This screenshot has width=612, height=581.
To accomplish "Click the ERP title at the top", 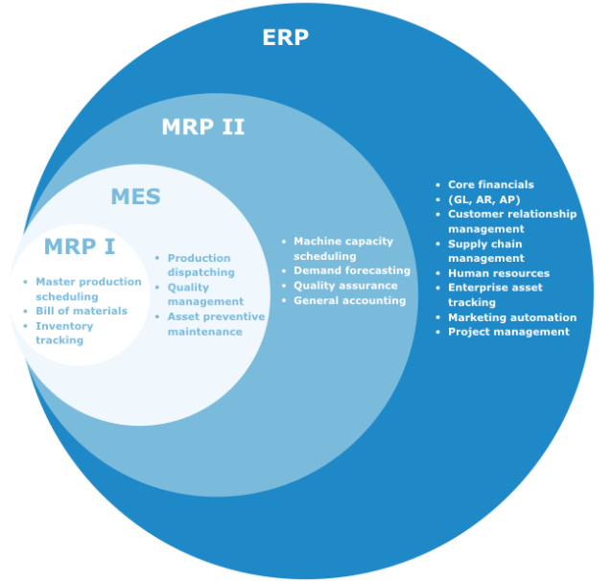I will click(285, 38).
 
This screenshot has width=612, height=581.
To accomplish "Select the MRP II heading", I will click(202, 127).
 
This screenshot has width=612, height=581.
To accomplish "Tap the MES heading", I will click(135, 198).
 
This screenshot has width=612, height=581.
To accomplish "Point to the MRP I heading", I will click(79, 247).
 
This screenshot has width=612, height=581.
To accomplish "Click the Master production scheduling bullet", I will click(87, 290).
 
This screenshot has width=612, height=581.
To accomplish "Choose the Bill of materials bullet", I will click(81, 311).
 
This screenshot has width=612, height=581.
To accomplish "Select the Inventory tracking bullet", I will click(64, 333).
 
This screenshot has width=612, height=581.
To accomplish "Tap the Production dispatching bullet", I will click(199, 265).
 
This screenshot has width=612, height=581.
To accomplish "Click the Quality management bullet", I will click(205, 294).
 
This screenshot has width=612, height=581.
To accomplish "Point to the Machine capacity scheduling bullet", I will click(342, 248).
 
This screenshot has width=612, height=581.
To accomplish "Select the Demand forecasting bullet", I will click(351, 270).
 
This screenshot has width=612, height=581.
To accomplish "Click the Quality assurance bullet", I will click(344, 286).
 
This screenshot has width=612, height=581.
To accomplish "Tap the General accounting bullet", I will click(349, 300).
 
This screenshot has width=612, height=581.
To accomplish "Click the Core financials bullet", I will click(490, 185).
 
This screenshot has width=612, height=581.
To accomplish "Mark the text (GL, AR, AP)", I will click(483, 199).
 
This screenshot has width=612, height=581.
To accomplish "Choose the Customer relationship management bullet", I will click(511, 221).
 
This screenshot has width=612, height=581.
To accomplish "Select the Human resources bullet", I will click(498, 273).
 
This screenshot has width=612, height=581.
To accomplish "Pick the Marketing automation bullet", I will click(511, 317).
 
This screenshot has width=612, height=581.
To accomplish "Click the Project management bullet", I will click(508, 332).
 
